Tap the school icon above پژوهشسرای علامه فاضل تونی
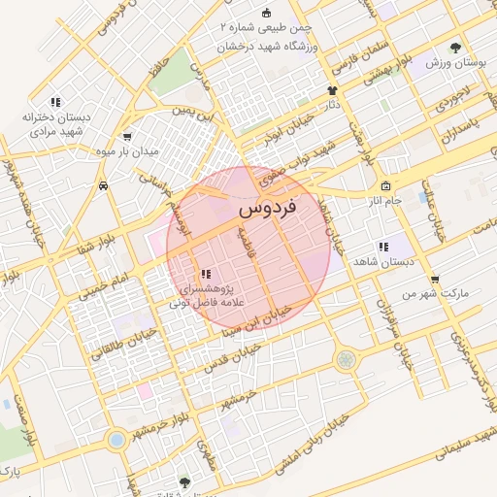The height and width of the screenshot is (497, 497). point(205,275)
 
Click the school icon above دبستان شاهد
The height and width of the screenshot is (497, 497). point(383,247)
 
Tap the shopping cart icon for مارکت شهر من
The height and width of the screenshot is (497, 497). point(434,279)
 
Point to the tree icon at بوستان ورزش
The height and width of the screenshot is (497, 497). point(456,47)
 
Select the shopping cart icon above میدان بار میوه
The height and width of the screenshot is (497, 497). point(127,138)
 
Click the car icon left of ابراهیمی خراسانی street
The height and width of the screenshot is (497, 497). point(103,184)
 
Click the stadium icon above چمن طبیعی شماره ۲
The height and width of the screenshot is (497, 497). point(266,12)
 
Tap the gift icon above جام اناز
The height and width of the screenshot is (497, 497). point(385,185)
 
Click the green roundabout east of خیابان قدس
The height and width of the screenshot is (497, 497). point(346,360)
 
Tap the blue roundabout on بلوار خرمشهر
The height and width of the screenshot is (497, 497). point(116,440)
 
